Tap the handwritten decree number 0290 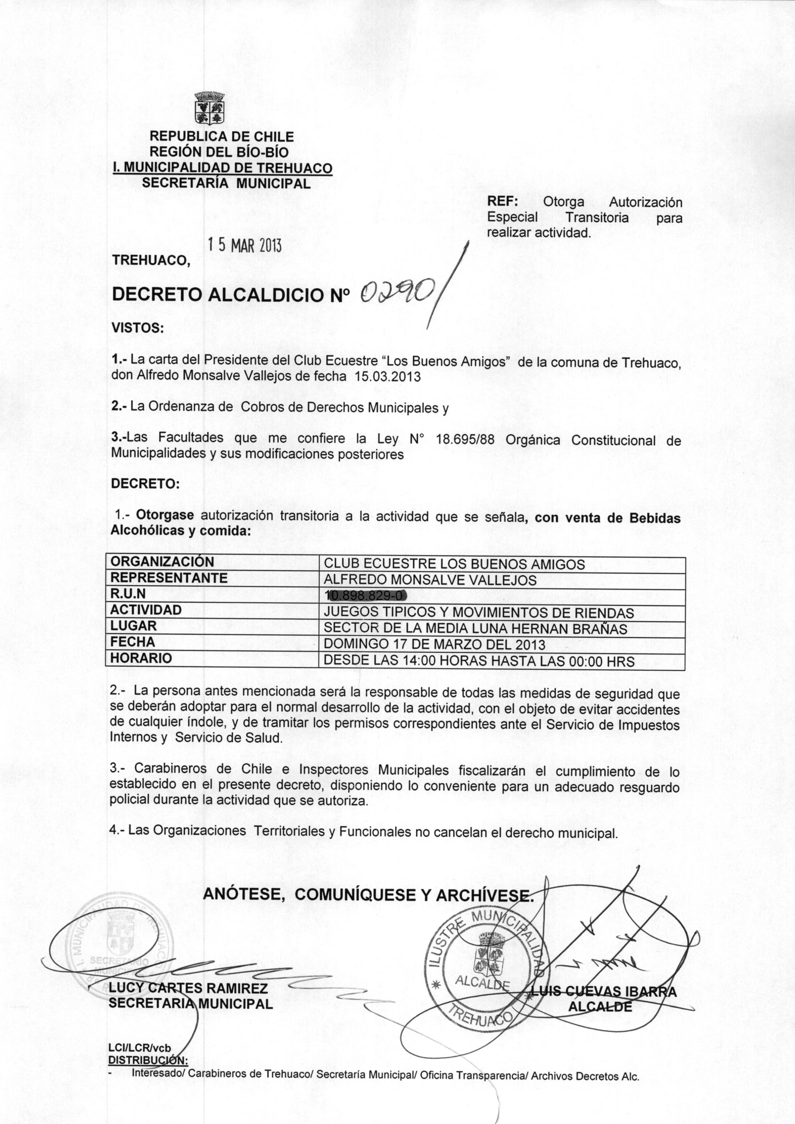tap(397, 294)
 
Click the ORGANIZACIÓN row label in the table tap(162, 562)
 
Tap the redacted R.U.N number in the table tap(366, 596)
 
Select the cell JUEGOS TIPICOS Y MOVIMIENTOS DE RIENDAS tap(478, 613)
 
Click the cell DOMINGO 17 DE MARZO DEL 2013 tap(434, 644)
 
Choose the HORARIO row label tap(141, 658)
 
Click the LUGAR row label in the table tap(133, 626)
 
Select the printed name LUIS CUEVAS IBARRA tap(604, 992)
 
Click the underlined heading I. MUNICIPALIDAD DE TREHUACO tap(222, 168)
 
